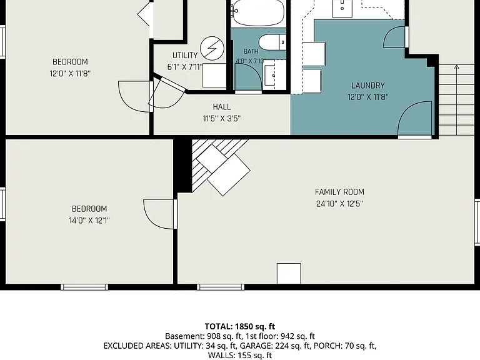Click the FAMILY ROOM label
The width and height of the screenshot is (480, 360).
(339, 192)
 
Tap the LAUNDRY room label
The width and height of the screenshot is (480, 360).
(367, 86)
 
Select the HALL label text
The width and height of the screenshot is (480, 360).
(222, 107)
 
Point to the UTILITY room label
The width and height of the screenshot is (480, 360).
(184, 56)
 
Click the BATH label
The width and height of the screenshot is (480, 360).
(251, 51)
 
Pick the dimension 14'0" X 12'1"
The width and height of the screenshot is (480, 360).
(89, 221)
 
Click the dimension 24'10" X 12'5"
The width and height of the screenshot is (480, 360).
(339, 204)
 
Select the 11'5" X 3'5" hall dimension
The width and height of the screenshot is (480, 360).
(222, 119)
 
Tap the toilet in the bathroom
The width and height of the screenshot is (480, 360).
(272, 42)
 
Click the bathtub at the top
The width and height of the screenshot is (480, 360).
(257, 12)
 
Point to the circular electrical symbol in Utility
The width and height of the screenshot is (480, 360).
(212, 48)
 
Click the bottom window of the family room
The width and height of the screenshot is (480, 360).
(221, 287)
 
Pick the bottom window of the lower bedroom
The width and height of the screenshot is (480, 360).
(84, 287)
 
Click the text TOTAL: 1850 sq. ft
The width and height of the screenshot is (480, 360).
(240, 326)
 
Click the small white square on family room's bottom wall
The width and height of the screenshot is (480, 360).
(289, 273)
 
